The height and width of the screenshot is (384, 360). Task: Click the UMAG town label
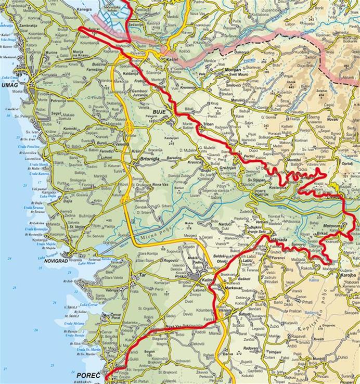pos(8,85)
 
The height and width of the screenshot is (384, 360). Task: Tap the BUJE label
pos(159,111)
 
